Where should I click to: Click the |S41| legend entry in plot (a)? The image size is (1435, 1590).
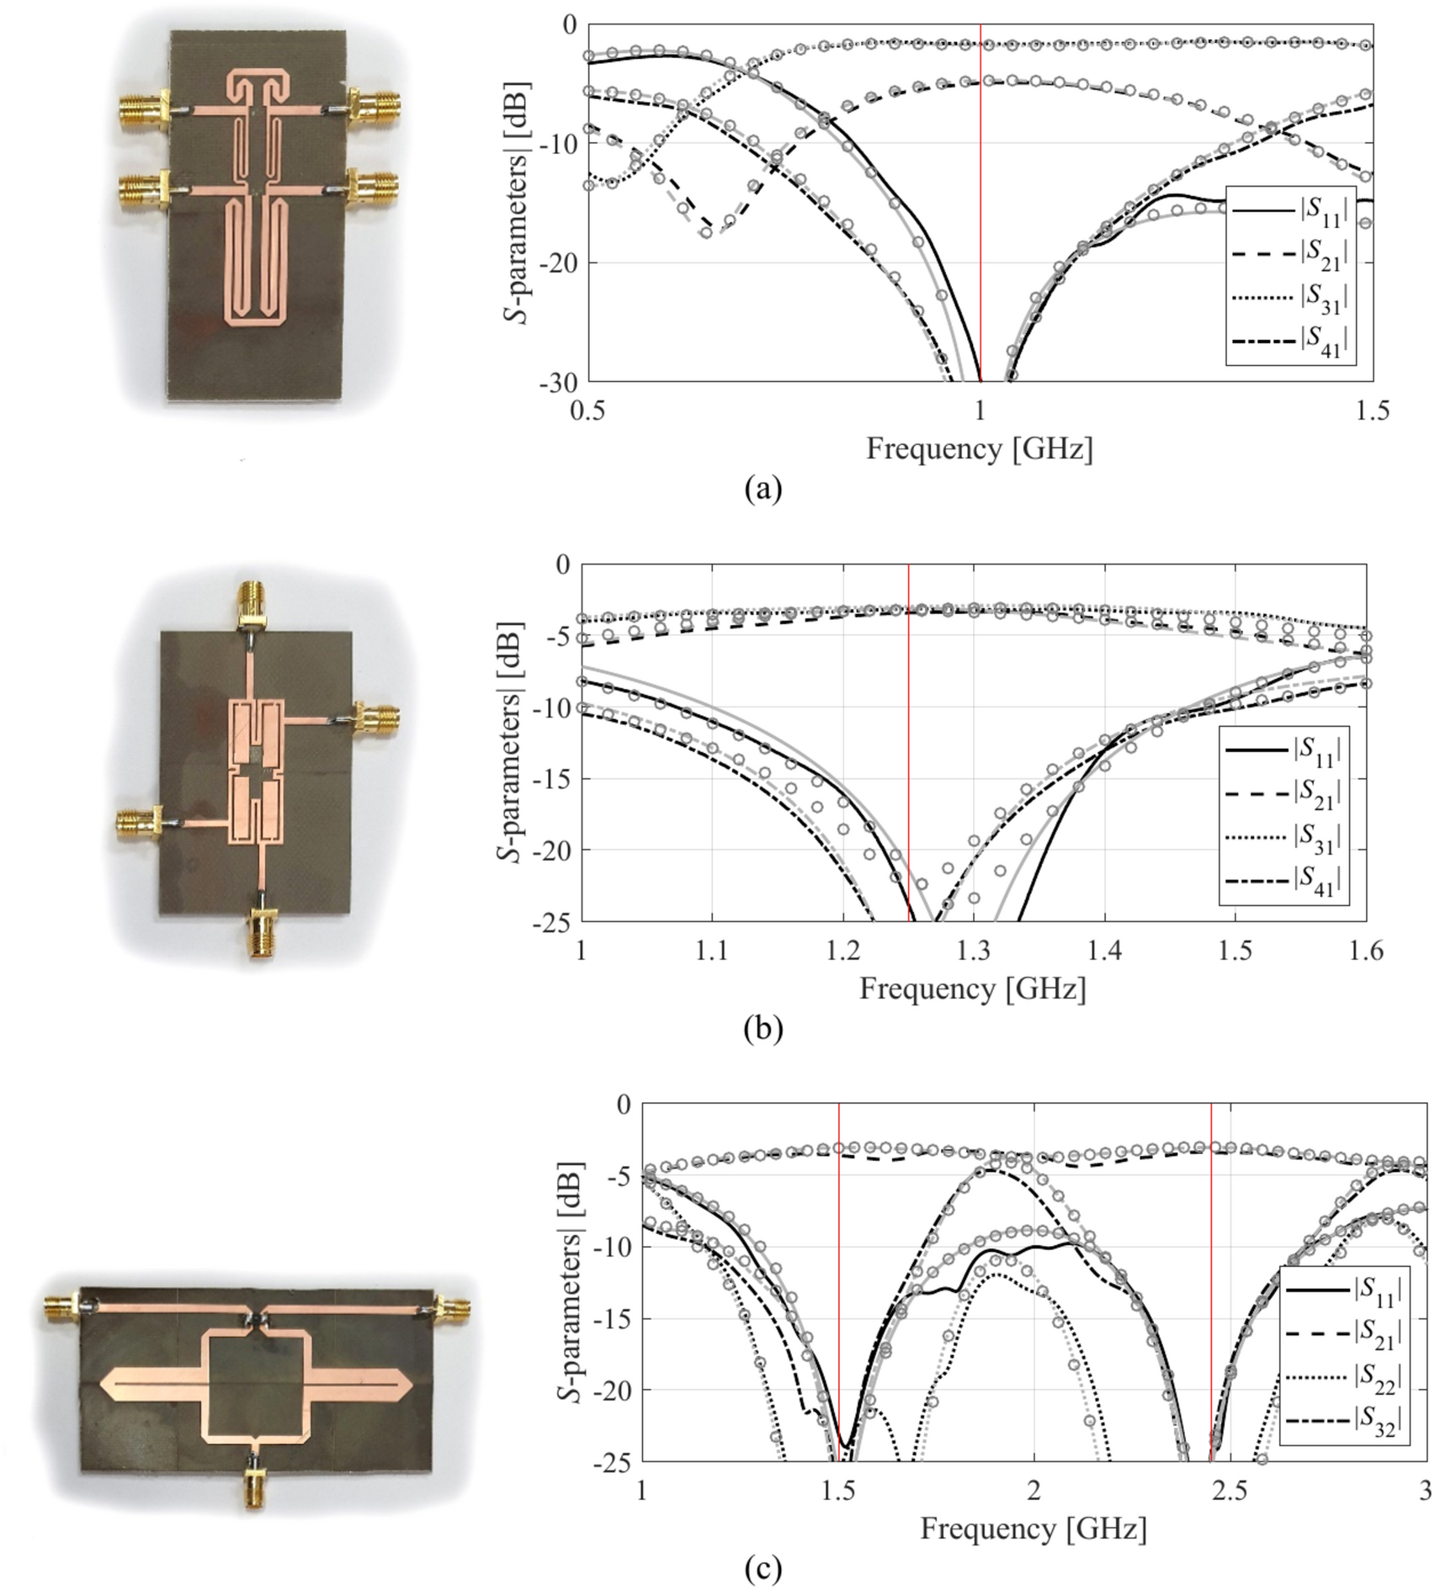[x=1293, y=340]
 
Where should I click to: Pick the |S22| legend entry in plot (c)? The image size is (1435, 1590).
[x=1345, y=1375]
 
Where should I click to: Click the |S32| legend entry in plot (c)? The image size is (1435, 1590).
[x=1345, y=1420]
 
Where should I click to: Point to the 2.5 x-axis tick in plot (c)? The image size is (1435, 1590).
[x=1230, y=1490]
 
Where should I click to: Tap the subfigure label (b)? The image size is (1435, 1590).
[x=763, y=1028]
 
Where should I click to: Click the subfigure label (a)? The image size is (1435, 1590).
[x=763, y=488]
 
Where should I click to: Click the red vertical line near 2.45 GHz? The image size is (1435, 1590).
[x=1211, y=1279]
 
